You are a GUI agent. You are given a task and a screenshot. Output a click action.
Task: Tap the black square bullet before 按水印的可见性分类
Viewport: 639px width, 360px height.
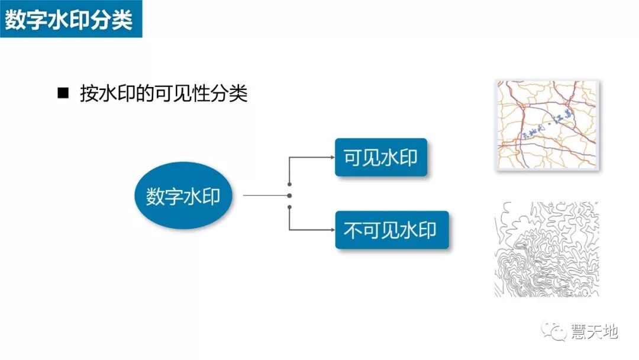63,93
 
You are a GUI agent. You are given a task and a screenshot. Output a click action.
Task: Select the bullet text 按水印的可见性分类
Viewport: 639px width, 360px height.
163,94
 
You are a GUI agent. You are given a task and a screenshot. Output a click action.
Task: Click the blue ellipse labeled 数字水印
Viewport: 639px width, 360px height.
183,196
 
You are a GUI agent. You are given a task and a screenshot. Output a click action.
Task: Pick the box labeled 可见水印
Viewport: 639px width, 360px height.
380,157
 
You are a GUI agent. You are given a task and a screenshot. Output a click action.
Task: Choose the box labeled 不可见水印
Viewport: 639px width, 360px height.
391,230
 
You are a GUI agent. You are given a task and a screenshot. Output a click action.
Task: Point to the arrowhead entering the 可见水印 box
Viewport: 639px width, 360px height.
332,157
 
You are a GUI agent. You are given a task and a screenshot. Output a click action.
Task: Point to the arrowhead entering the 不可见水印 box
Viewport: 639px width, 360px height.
332,230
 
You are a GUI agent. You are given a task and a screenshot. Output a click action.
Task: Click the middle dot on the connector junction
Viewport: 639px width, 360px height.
289,195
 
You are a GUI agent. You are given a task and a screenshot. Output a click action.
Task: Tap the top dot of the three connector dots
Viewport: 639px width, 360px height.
289,182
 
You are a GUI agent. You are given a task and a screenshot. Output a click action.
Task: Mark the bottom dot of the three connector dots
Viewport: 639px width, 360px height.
289,207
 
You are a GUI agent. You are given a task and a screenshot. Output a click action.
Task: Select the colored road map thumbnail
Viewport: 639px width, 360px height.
547,126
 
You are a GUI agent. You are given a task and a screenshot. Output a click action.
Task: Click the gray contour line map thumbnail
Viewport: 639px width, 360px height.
547,249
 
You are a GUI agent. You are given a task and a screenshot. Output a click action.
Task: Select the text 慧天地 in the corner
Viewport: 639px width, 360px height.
594,331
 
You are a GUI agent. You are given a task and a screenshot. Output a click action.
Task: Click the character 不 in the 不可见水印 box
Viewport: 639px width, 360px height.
353,230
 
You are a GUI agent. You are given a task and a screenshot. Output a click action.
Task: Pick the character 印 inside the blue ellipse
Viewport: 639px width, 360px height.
211,196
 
